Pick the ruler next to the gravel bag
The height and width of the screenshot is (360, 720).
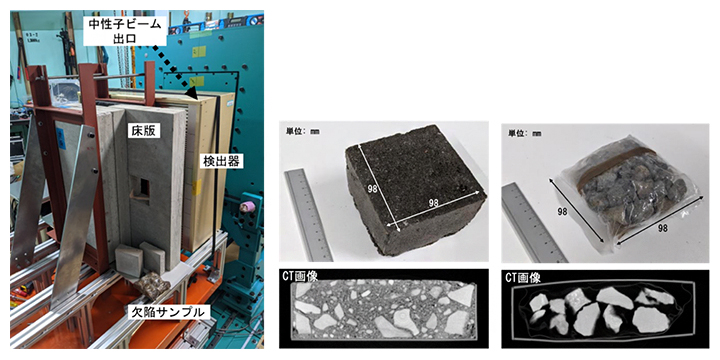click(524, 220)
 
